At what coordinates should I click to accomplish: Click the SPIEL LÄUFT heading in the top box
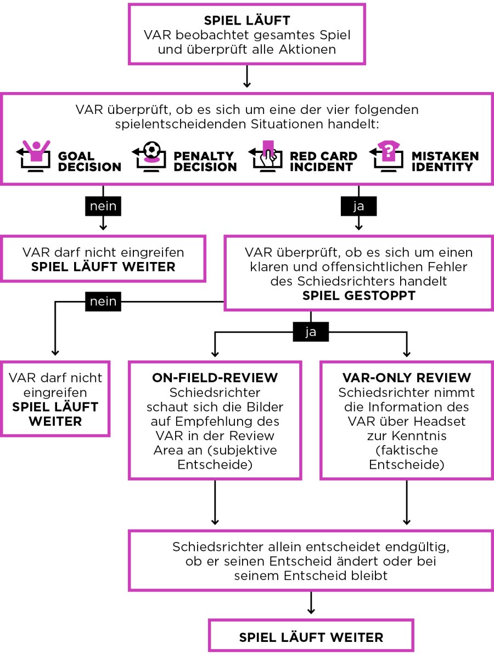click(247, 20)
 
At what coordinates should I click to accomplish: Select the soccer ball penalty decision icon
click(149, 156)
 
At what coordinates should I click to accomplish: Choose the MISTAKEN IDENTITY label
click(445, 161)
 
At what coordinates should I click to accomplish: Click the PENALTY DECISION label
click(205, 161)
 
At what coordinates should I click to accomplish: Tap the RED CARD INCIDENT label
click(323, 161)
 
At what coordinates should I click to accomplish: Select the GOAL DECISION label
click(89, 161)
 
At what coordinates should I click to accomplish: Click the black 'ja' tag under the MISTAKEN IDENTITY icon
click(358, 206)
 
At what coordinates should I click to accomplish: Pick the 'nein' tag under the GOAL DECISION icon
click(103, 206)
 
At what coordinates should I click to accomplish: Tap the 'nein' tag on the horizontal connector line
click(103, 301)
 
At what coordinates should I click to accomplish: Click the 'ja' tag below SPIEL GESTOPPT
click(310, 332)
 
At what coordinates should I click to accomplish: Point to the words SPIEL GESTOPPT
click(358, 295)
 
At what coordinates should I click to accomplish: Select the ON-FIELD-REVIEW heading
click(215, 378)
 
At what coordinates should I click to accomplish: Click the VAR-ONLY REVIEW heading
click(406, 378)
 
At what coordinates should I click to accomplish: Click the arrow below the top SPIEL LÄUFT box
click(247, 76)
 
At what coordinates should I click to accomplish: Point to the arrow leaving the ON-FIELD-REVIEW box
click(215, 503)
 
